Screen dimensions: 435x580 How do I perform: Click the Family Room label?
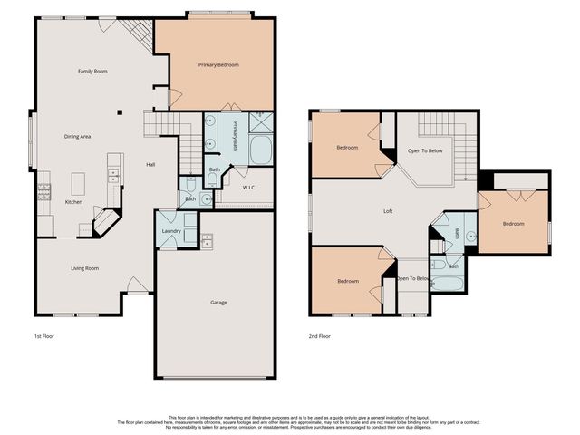(x=92, y=71)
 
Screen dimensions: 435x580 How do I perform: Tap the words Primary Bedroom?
(x=218, y=65)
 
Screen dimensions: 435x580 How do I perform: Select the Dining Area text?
(x=77, y=136)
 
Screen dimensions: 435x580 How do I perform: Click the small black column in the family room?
(x=118, y=113)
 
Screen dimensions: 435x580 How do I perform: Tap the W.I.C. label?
(x=248, y=188)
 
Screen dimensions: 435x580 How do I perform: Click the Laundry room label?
(x=170, y=231)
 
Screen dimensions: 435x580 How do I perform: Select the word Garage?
(x=218, y=302)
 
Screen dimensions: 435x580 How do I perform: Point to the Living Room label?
(x=85, y=267)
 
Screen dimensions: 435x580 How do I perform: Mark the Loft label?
(x=388, y=211)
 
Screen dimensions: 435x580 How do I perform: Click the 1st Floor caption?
(x=45, y=336)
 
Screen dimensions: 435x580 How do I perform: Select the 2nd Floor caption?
(x=318, y=336)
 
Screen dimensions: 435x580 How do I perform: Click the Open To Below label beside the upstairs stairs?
(x=424, y=150)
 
